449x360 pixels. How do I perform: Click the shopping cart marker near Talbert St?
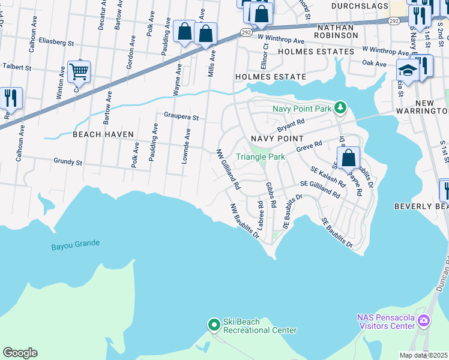pyautogui.click(x=79, y=73)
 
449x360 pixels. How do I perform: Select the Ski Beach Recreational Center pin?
pyautogui.click(x=214, y=325)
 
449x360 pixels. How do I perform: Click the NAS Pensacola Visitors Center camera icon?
pyautogui.click(x=424, y=321)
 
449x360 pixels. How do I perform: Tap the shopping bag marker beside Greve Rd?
pyautogui.click(x=348, y=159)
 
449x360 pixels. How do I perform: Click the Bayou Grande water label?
pyautogui.click(x=75, y=244)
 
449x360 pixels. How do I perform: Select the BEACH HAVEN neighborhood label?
pyautogui.click(x=103, y=134)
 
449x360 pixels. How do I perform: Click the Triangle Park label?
pyautogui.click(x=260, y=157)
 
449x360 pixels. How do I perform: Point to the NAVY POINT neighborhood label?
pyautogui.click(x=277, y=139)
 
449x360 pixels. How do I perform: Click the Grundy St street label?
pyautogui.click(x=68, y=162)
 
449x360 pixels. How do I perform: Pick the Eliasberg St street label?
pyautogui.click(x=55, y=43)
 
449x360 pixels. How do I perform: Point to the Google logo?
pyautogui.click(x=20, y=353)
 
